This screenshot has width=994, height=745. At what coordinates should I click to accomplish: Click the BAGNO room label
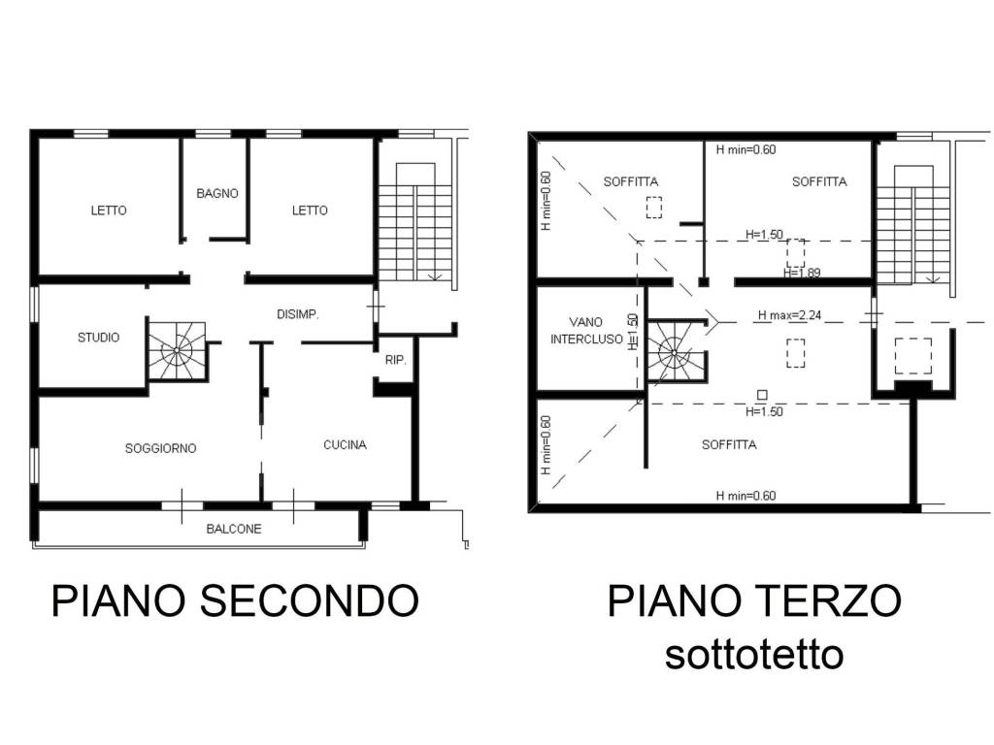[x=216, y=193]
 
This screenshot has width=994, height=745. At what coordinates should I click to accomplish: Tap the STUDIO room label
[x=99, y=338]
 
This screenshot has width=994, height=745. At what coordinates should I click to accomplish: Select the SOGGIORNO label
[x=161, y=448]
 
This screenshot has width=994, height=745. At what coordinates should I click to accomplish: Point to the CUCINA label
[x=345, y=445]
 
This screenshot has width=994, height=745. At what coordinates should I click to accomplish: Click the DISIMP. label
[x=298, y=314]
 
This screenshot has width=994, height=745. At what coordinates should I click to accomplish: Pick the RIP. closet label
[x=395, y=360]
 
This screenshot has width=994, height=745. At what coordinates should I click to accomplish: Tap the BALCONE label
[x=234, y=529]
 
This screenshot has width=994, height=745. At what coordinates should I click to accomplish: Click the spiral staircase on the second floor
[x=178, y=350]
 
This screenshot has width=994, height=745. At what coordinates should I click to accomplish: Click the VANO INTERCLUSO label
[x=586, y=330]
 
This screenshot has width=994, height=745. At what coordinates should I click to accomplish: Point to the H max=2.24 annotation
[x=789, y=315]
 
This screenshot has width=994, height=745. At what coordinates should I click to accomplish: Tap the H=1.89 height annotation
[x=802, y=273]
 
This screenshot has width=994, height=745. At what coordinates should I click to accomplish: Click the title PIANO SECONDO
[x=235, y=600]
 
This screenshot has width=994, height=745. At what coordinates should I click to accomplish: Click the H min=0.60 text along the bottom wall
[x=745, y=496]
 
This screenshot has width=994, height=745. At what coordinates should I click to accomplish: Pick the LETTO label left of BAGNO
[x=109, y=211]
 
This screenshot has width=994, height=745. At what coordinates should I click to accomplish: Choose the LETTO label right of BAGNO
[x=310, y=211]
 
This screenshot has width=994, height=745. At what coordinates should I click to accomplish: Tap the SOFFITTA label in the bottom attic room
[x=729, y=445]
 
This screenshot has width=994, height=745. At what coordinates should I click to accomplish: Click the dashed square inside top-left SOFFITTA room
[x=654, y=208]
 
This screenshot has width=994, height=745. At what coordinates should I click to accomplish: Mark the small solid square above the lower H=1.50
[x=762, y=395]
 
